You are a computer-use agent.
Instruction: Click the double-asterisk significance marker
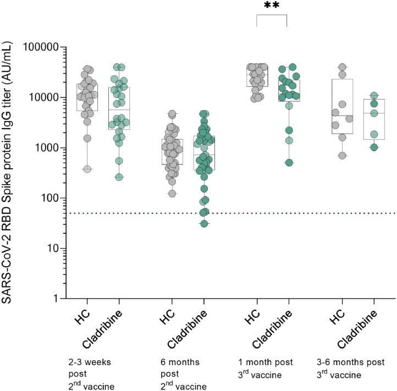271,5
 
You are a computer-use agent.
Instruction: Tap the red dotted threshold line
220,213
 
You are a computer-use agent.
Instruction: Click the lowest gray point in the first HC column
87,169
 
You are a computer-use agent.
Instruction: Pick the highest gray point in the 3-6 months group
342,67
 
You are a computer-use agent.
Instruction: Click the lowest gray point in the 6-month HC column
172,193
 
